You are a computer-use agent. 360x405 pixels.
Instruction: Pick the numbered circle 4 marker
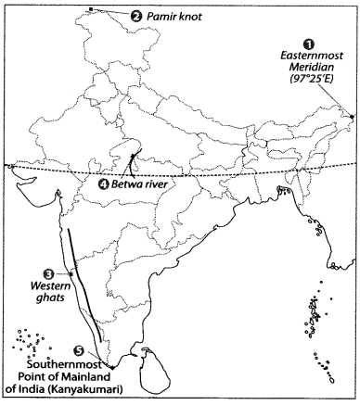coord(103,183)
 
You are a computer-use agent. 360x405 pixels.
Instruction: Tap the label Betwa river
coord(138,184)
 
